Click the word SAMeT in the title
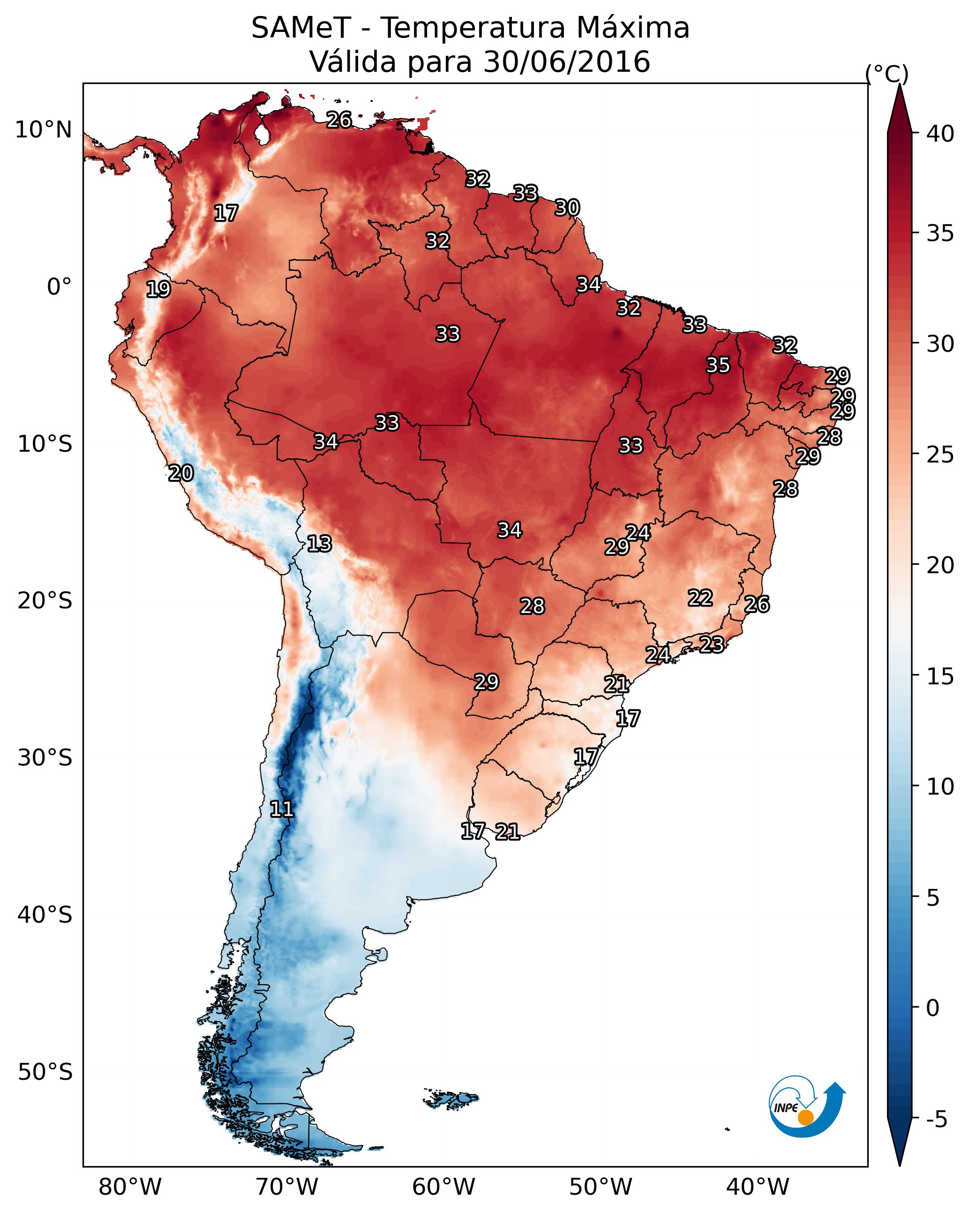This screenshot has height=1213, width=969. click(x=301, y=28)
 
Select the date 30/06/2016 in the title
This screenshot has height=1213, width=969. click(x=566, y=62)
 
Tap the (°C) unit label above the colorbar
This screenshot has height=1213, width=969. click(x=886, y=74)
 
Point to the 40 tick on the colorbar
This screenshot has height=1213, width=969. click(x=940, y=134)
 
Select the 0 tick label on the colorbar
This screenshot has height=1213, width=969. click(x=932, y=1008)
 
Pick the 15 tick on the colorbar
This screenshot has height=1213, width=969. click(x=940, y=676)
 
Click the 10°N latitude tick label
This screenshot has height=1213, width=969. click(x=43, y=130)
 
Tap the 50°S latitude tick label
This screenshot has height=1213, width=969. click(x=45, y=1072)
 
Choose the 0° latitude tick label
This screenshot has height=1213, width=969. click(x=59, y=287)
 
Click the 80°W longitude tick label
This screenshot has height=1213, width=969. click(x=130, y=1187)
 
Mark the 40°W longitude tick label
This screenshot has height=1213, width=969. click(x=758, y=1187)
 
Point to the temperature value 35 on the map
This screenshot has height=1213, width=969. click(x=718, y=365)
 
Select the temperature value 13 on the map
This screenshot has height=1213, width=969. click(x=319, y=544)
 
